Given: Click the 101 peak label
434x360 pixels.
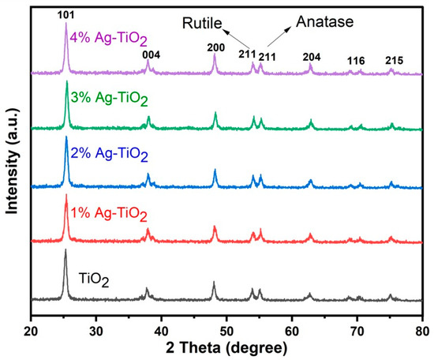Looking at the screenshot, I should [x=65, y=13].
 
